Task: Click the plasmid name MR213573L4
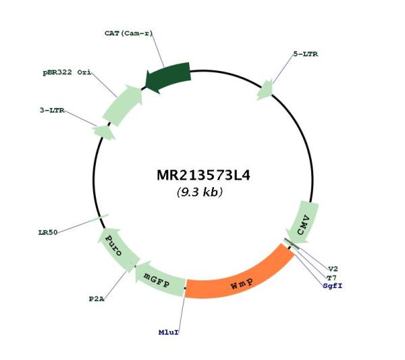point(204,176)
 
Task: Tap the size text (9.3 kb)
point(200,192)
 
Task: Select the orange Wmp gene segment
point(239,274)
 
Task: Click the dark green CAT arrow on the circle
point(168,78)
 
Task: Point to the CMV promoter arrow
point(302,223)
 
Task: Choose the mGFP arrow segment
point(159,280)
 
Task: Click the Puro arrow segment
point(117,249)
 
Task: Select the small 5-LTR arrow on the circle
point(265,90)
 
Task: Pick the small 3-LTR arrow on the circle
point(104,132)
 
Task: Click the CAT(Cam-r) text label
point(129,33)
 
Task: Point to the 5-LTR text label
point(306,54)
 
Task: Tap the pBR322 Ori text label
point(67,72)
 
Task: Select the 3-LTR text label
point(52,110)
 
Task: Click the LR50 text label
point(48,232)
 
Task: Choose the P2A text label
point(97,299)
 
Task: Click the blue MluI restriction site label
point(168,332)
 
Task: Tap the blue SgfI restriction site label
point(332,286)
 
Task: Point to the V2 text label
point(333,269)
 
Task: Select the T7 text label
point(331,278)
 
